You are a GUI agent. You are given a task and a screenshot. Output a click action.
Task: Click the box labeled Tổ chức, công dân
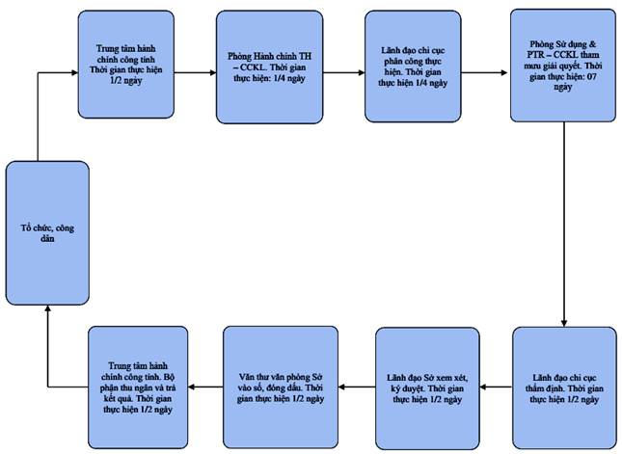pyautogui.click(x=47, y=233)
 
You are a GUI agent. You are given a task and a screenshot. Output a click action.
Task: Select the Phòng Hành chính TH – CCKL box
pyautogui.click(x=269, y=67)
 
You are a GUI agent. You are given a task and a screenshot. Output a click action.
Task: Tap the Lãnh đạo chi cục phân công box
pyautogui.click(x=413, y=67)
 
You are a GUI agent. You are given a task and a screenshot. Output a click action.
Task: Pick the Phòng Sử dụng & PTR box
pyautogui.click(x=563, y=66)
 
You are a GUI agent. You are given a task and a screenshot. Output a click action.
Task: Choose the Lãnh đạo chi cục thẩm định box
pyautogui.click(x=564, y=387)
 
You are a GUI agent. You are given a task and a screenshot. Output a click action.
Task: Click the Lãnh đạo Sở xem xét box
pyautogui.click(x=427, y=388)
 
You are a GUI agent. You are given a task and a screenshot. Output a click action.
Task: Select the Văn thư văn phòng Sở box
pyautogui.click(x=281, y=387)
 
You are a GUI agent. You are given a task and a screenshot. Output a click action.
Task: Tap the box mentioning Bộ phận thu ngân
pyautogui.click(x=138, y=387)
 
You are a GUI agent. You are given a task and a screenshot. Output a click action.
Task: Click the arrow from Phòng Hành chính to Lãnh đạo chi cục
pyautogui.click(x=344, y=72)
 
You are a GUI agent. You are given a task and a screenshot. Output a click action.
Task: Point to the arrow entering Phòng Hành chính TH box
pyautogui.click(x=195, y=72)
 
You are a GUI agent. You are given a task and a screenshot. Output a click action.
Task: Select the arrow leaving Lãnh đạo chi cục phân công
pyautogui.click(x=484, y=72)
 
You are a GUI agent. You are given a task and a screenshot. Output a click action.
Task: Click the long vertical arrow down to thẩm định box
pyautogui.click(x=564, y=225)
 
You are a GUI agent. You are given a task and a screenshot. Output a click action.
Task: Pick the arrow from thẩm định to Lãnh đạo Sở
pyautogui.click(x=496, y=387)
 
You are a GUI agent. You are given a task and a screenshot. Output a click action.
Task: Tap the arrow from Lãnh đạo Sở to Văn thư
pyautogui.click(x=357, y=387)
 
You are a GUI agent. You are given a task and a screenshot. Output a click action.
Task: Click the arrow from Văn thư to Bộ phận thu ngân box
pyautogui.click(x=205, y=387)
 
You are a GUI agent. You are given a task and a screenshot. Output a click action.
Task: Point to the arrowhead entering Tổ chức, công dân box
pyautogui.click(x=47, y=308)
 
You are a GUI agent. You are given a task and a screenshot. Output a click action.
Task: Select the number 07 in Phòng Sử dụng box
pyautogui.click(x=591, y=76)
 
